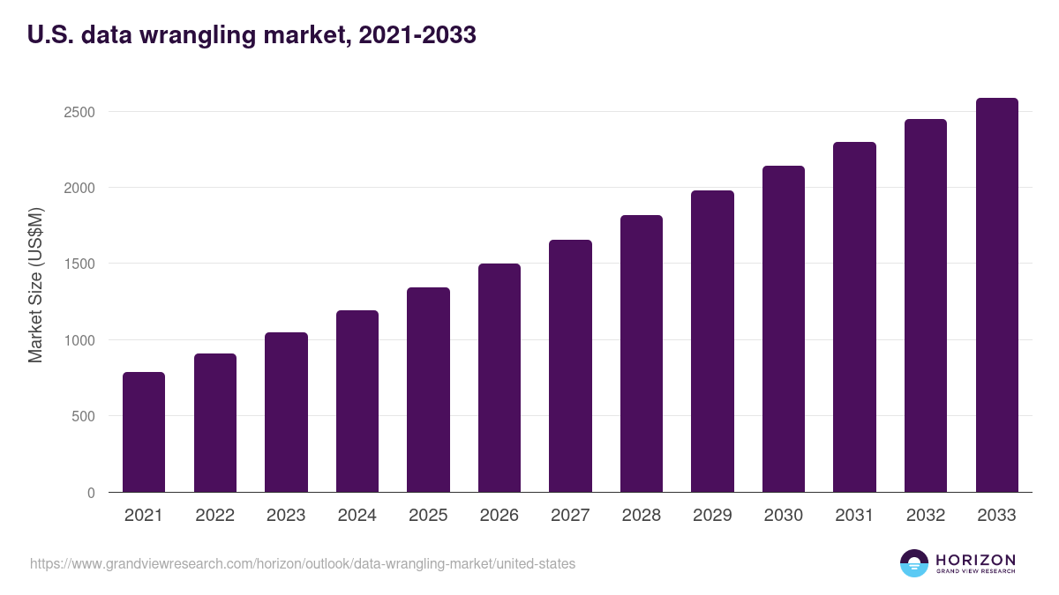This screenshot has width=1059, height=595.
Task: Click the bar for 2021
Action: (x=144, y=432)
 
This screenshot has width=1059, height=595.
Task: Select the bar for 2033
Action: (x=996, y=295)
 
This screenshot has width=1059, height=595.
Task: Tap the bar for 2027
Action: (x=570, y=366)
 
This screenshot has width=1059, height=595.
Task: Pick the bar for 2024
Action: (x=357, y=401)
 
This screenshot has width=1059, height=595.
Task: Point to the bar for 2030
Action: (x=784, y=329)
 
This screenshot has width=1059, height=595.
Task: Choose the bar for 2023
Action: (x=286, y=413)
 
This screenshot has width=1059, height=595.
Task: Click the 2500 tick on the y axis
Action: (x=80, y=112)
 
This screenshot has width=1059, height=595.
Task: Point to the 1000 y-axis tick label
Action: (x=80, y=340)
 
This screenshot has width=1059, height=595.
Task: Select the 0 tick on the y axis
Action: (x=91, y=493)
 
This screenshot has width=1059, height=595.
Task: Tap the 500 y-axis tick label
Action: (x=84, y=416)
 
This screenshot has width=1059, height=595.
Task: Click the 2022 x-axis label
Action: (x=214, y=516)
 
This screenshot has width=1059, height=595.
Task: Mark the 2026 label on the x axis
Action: (x=499, y=516)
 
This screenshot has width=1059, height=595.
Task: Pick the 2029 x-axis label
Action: (x=712, y=516)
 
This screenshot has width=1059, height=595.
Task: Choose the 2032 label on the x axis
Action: (x=926, y=516)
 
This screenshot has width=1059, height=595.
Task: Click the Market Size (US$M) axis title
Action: (x=35, y=285)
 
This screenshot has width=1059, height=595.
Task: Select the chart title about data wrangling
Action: (x=252, y=34)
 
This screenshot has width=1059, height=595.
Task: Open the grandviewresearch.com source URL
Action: (x=303, y=563)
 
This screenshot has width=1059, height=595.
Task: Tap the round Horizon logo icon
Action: (x=914, y=563)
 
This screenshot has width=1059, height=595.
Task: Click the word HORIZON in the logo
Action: (x=975, y=559)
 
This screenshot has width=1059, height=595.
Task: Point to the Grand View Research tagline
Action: (x=975, y=571)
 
